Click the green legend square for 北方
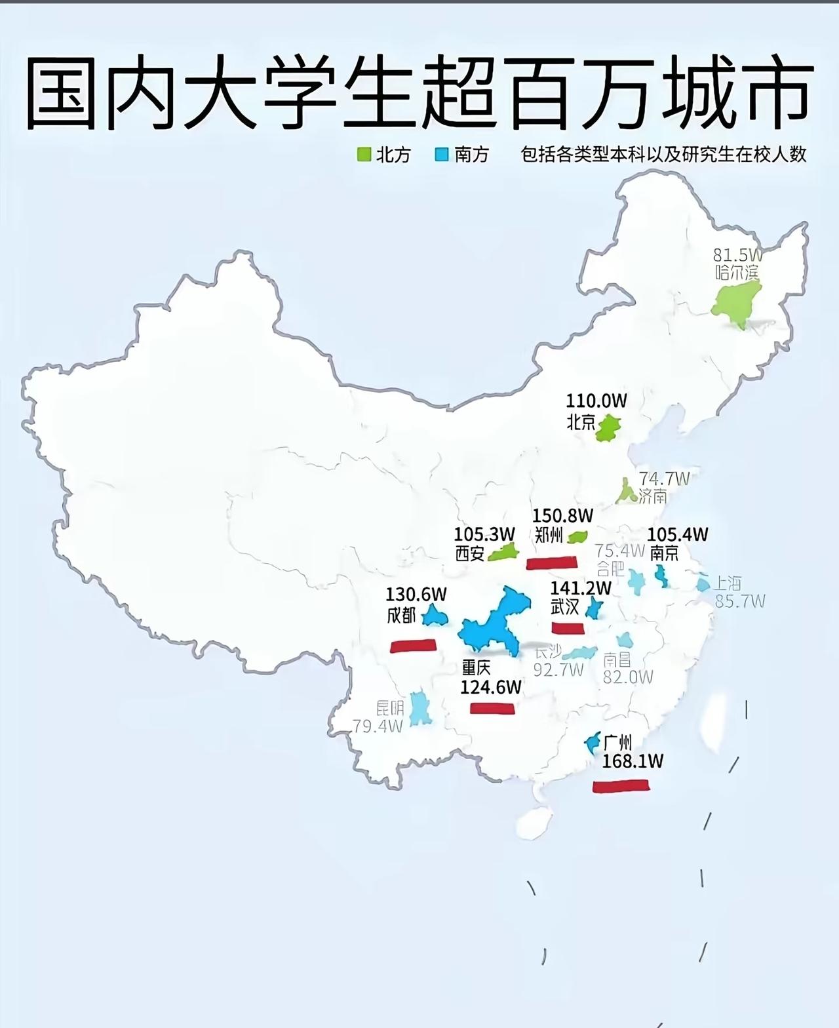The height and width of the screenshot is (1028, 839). click(x=364, y=155)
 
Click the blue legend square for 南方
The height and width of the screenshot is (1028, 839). click(x=442, y=155)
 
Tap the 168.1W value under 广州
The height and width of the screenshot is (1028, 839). click(x=633, y=761)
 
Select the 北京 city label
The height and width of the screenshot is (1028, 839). click(x=581, y=422)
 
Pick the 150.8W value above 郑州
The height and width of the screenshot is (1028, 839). click(x=562, y=516)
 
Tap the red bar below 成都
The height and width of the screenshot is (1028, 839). click(x=413, y=646)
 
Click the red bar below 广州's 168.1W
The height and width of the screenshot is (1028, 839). click(x=621, y=785)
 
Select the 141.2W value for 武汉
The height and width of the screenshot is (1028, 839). click(x=581, y=588)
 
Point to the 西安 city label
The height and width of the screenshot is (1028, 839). click(x=470, y=554)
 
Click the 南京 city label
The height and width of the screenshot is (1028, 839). click(x=664, y=553)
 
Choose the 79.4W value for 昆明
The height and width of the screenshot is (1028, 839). click(x=377, y=726)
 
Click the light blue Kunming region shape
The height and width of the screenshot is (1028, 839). click(x=419, y=709)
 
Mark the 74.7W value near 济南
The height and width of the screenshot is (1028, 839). click(x=665, y=479)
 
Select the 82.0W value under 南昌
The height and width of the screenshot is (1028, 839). click(x=628, y=677)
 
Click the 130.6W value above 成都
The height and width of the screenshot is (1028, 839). click(x=416, y=595)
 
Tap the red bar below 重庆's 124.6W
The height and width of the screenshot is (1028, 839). click(x=492, y=708)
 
